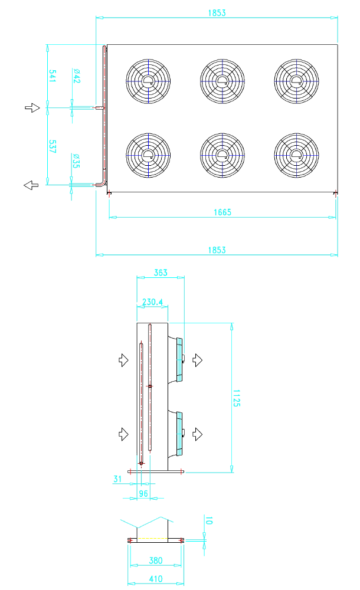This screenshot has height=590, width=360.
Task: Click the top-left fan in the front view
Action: (x=148, y=81)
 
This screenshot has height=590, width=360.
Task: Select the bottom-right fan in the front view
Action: (x=296, y=155)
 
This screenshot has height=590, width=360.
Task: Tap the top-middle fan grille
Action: (x=222, y=81)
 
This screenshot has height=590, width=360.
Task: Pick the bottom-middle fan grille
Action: (x=222, y=155)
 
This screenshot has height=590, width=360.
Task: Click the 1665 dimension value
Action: (x=222, y=212)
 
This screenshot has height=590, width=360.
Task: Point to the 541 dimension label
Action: (x=53, y=76)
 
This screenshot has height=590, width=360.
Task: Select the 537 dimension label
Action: (x=53, y=146)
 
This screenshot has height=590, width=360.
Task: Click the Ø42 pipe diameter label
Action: (x=77, y=76)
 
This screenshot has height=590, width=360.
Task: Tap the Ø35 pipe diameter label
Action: (x=77, y=160)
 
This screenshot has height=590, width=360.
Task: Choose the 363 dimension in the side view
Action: (x=161, y=273)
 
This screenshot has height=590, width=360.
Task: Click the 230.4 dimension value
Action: (x=152, y=301)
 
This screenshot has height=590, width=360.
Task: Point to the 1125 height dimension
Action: (x=236, y=398)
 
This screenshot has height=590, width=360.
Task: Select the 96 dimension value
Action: (x=143, y=493)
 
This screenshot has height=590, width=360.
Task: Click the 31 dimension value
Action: (x=117, y=479)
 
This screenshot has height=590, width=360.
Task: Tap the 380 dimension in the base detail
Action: (x=156, y=560)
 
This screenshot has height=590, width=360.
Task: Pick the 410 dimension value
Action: (x=156, y=579)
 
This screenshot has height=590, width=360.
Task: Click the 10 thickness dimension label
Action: (x=208, y=520)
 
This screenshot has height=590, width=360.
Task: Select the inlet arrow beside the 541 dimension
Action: (x=32, y=107)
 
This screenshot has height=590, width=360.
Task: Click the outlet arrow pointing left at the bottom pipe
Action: (x=31, y=185)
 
